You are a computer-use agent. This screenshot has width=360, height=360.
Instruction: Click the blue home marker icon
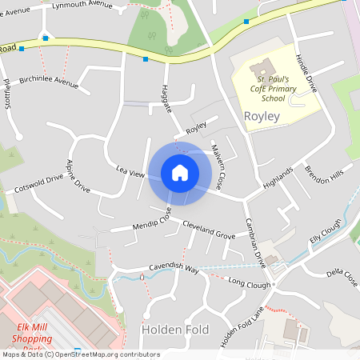[x=180, y=173]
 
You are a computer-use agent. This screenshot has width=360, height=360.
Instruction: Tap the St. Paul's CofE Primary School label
[x=271, y=89]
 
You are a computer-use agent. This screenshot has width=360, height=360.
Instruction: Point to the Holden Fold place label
[x=174, y=329]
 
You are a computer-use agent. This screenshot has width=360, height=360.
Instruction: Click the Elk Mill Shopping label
[x=41, y=332]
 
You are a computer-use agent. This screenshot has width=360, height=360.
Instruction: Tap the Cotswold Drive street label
[x=38, y=184]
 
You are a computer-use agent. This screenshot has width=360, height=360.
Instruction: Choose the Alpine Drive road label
[x=78, y=176]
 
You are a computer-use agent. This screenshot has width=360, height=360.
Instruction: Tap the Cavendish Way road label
[x=173, y=268]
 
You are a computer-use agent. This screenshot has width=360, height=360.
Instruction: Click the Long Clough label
[x=250, y=282]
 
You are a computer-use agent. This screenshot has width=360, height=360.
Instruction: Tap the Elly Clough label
[x=326, y=231]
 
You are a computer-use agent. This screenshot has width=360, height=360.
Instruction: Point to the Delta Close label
[x=342, y=276]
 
